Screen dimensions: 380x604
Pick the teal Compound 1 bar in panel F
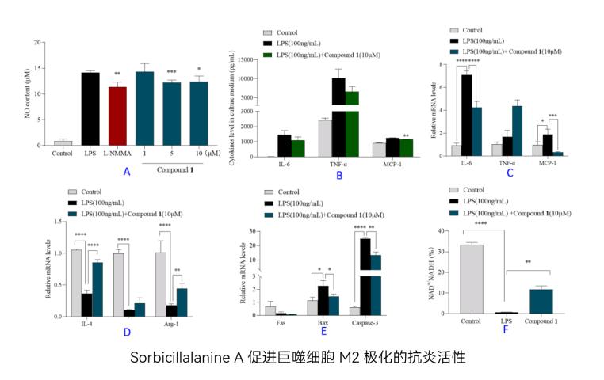point(541,302)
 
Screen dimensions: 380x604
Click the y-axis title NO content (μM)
point(28,93)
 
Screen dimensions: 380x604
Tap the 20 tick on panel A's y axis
point(37,42)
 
